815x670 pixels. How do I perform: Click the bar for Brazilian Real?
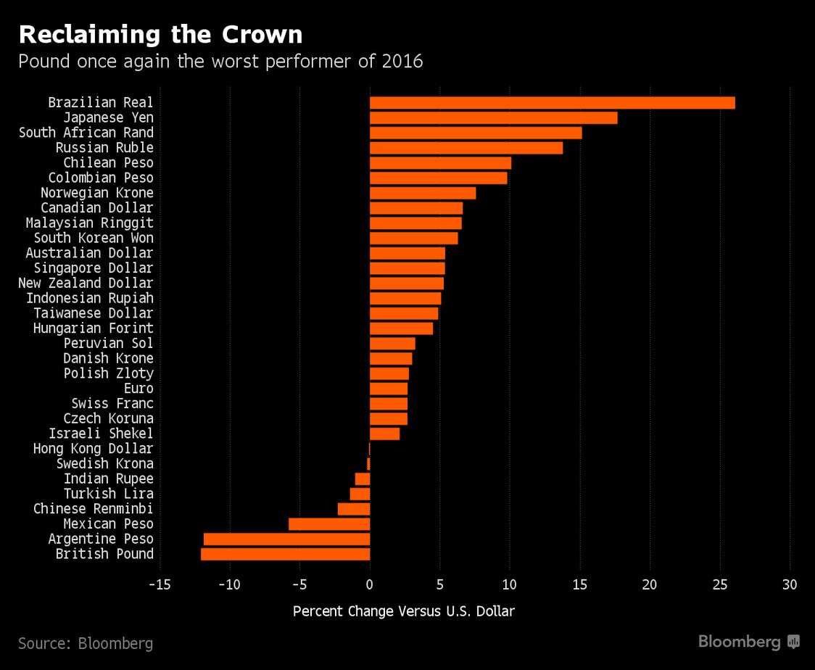click(x=552, y=103)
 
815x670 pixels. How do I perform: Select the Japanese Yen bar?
click(x=493, y=117)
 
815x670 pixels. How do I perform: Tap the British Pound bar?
click(x=285, y=554)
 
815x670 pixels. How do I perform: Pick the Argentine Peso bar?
click(x=286, y=539)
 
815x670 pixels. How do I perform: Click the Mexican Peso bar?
click(x=329, y=524)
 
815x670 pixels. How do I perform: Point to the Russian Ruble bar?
click(x=466, y=148)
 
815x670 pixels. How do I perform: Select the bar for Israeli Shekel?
click(x=384, y=434)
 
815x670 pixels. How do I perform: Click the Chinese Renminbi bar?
click(x=354, y=509)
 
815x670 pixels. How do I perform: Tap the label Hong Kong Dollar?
click(x=94, y=449)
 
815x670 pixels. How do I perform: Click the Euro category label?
click(x=138, y=389)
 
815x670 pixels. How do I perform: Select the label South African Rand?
click(x=86, y=133)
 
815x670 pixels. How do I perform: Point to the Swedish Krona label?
click(x=105, y=464)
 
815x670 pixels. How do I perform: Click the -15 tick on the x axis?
click(x=160, y=584)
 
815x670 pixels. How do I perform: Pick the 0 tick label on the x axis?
click(x=370, y=584)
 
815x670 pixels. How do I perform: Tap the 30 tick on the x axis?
click(x=790, y=584)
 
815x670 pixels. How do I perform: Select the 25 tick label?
click(x=719, y=584)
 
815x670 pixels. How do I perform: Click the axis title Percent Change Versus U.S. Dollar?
click(x=403, y=611)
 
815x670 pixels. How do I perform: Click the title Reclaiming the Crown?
click(x=160, y=34)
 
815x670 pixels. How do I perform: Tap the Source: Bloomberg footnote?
click(x=86, y=643)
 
